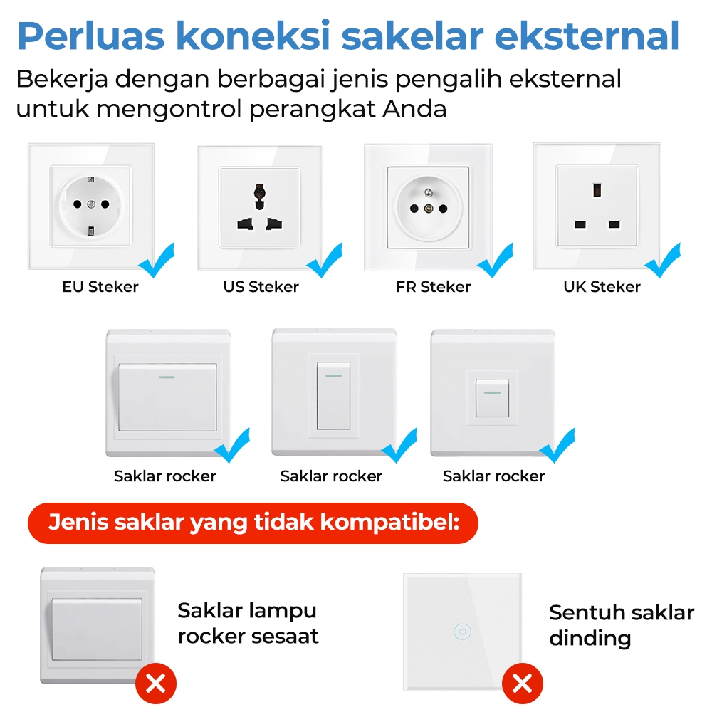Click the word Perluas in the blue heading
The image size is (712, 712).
point(91,36)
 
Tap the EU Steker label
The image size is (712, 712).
point(100,286)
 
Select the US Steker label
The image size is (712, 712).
point(261,286)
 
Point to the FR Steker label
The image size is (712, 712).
point(433,286)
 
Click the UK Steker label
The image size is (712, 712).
point(602,286)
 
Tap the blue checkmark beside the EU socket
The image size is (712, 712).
point(157,261)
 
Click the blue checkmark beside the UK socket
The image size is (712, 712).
point(663,261)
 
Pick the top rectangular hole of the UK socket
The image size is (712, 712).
point(597,190)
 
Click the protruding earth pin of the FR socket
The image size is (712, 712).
point(428,193)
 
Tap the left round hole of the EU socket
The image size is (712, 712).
point(78,204)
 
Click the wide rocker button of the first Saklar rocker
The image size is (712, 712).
point(167,397)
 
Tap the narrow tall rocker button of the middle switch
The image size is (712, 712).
point(333,395)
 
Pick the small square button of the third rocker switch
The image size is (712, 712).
point(492,398)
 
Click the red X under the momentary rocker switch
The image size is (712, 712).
point(156,684)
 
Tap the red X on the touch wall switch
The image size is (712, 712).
point(522,683)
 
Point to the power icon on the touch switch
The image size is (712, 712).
point(462,632)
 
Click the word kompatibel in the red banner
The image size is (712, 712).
point(389,522)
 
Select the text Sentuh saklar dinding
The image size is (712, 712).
point(622,626)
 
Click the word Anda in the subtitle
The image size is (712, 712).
point(415,109)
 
